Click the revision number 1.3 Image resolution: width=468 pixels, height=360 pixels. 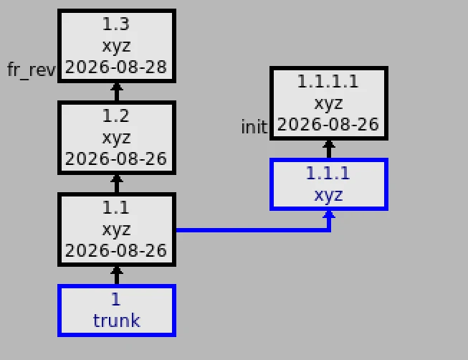click(116, 24)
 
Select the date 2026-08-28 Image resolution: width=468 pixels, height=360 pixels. click(116, 67)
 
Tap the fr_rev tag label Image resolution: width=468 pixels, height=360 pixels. click(31, 70)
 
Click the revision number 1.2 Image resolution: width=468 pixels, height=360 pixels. click(116, 115)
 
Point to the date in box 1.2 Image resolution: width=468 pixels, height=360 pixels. click(116, 158)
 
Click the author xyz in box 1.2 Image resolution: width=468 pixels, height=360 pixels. click(116, 138)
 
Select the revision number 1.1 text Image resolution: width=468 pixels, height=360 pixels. click(116, 208)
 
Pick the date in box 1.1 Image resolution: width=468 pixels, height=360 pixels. click(116, 250)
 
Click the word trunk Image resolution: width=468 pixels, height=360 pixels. click(116, 321)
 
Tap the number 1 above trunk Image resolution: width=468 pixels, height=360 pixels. click(116, 299)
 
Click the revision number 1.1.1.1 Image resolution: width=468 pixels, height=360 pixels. click(328, 81)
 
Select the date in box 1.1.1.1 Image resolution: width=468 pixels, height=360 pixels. click(328, 124)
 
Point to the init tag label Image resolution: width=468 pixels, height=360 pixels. click(254, 127)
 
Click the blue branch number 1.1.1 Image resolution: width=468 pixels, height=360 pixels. click(328, 174)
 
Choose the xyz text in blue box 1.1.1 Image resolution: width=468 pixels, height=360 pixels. click(329, 196)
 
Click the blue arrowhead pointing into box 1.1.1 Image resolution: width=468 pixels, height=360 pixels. click(329, 214)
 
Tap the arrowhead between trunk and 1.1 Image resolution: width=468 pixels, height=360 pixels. click(117, 270)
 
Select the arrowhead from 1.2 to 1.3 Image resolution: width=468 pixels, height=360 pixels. click(117, 87)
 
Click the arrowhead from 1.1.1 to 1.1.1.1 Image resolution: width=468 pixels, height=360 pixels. click(329, 144)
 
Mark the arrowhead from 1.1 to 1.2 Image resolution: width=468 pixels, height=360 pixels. click(117, 179)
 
